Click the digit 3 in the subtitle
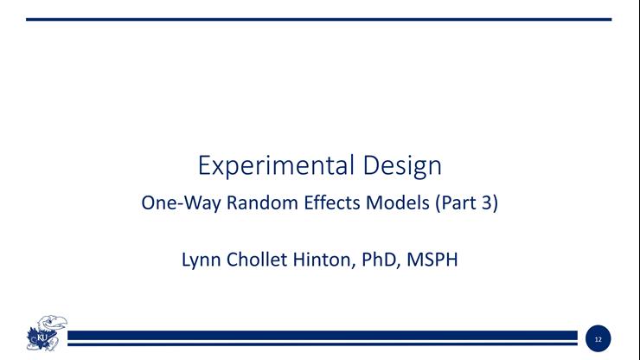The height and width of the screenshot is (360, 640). coord(489,206)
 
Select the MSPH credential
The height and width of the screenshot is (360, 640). coord(433,259)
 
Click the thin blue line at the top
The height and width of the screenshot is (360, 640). coord(319,19)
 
